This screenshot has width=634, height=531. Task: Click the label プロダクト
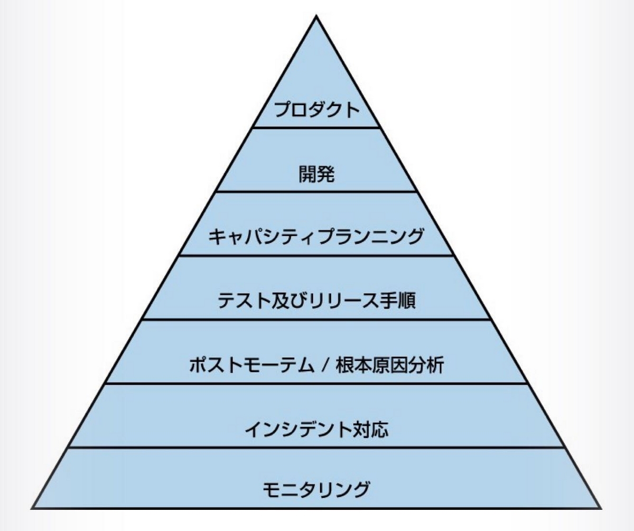tap(316, 111)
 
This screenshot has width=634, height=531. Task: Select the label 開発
tap(316, 175)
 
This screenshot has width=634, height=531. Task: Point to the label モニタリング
tap(316, 489)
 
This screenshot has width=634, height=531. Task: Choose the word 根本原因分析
tap(388, 365)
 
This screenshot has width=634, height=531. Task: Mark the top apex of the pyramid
tap(316, 17)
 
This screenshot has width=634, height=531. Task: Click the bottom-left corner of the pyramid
tap(32, 508)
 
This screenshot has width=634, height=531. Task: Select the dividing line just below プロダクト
tap(316, 127)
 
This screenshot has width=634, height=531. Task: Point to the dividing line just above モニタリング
tap(316, 448)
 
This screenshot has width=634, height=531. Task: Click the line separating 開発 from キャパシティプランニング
tap(316, 191)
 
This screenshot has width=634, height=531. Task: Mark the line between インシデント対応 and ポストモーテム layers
tap(316, 384)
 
